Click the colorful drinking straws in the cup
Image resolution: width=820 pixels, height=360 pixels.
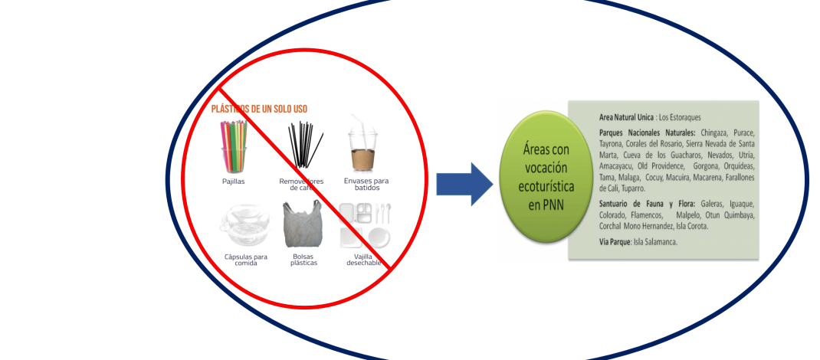click(x=234, y=146)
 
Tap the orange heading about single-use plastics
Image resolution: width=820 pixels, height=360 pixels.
click(x=260, y=108)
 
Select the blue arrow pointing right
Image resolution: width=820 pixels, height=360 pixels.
click(x=464, y=184)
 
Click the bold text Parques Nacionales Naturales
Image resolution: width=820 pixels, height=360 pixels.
click(x=648, y=133)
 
